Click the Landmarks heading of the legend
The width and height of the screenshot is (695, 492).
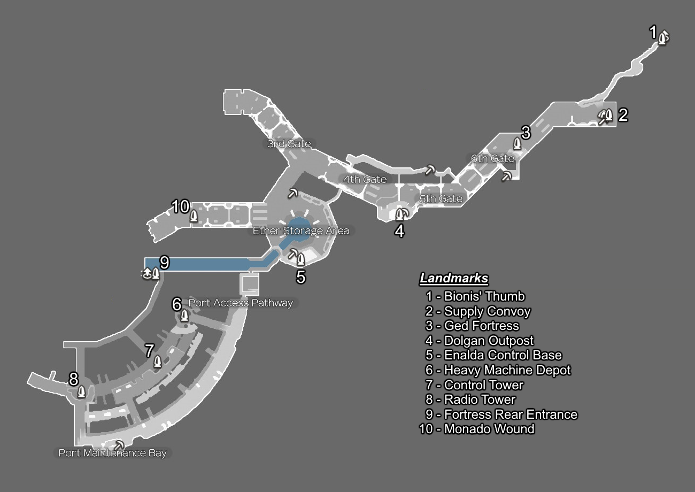(454, 279)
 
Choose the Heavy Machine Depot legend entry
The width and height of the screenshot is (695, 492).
(507, 370)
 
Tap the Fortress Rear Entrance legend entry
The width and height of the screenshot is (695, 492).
(511, 414)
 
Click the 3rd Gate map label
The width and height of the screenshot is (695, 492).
(289, 144)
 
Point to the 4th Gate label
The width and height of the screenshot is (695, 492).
(365, 179)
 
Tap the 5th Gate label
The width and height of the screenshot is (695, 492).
(441, 199)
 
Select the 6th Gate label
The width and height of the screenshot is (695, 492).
(492, 158)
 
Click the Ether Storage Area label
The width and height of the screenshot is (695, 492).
(301, 231)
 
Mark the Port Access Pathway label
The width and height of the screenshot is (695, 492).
(241, 303)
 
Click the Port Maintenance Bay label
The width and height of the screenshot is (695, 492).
(112, 453)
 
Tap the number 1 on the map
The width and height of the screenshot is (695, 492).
(653, 33)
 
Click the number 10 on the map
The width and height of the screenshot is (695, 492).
(181, 206)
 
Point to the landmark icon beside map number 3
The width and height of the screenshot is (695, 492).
(517, 143)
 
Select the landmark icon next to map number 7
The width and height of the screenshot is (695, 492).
(157, 362)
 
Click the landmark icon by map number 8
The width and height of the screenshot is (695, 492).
(81, 391)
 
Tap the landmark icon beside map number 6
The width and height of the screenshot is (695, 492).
(184, 315)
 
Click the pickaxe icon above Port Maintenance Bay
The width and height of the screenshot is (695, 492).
(119, 445)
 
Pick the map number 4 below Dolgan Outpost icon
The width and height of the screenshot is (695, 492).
(399, 231)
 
